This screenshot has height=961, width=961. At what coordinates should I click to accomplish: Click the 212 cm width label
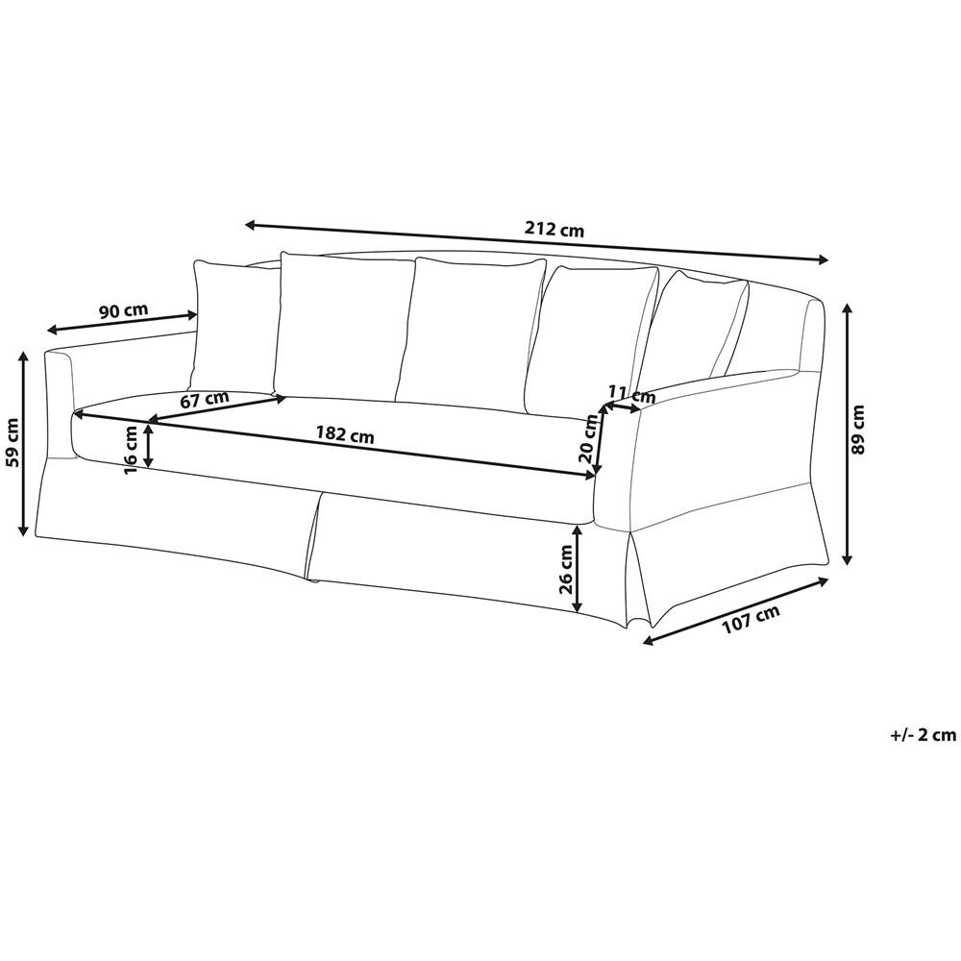pos(554,231)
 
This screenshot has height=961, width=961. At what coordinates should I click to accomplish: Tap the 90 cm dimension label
pos(124,310)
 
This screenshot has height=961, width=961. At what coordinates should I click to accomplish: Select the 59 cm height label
pos(13,442)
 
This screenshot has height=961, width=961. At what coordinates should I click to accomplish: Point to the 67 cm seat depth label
pos(205,400)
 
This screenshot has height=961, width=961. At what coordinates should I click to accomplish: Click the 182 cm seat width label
pos(345,434)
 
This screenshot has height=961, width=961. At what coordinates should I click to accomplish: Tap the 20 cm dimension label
pos(588,439)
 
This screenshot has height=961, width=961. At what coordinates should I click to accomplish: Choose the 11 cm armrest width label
pos(632,393)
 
